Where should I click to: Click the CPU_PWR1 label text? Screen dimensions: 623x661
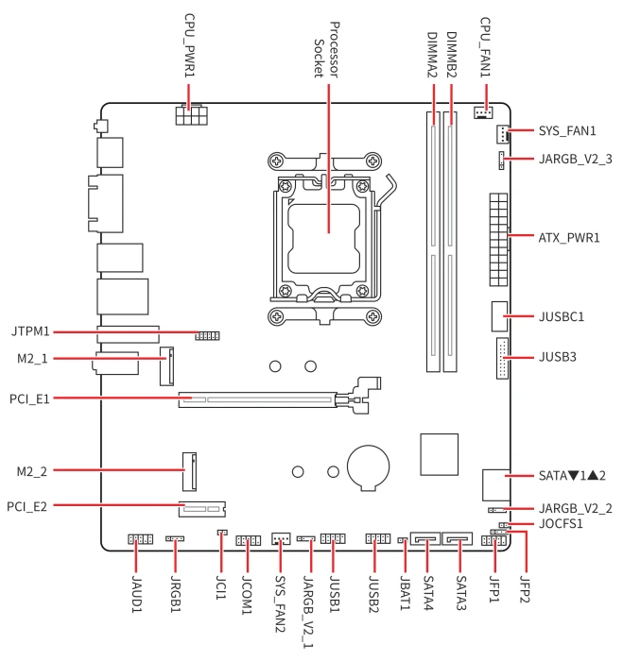coord(190,45)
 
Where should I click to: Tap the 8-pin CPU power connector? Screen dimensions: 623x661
coord(192,114)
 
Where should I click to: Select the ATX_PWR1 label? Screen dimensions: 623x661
coord(569,238)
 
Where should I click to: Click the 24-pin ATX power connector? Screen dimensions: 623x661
coord(498,240)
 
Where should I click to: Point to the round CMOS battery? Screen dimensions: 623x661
coord(368,467)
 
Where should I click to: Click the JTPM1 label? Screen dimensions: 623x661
coord(30,331)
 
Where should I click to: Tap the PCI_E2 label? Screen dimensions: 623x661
coord(27,506)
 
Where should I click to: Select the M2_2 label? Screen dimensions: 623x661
coord(31,471)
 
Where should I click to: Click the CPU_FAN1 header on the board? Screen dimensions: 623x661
coord(483,112)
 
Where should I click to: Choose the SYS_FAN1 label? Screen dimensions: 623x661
coord(567,131)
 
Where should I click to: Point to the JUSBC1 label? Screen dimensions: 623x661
coord(562,316)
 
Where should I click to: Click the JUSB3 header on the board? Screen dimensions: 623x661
coord(502,358)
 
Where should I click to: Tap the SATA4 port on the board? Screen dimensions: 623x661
coord(425,539)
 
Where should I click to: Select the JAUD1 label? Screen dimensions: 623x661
coord(136,594)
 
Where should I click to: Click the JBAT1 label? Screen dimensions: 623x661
coord(405,593)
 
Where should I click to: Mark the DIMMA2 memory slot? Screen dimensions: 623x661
coord(433,242)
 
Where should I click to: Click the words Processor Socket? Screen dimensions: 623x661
coord(326,50)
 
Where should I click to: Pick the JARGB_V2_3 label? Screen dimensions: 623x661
coord(576,159)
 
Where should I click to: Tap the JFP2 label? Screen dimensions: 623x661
coord(525,589)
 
